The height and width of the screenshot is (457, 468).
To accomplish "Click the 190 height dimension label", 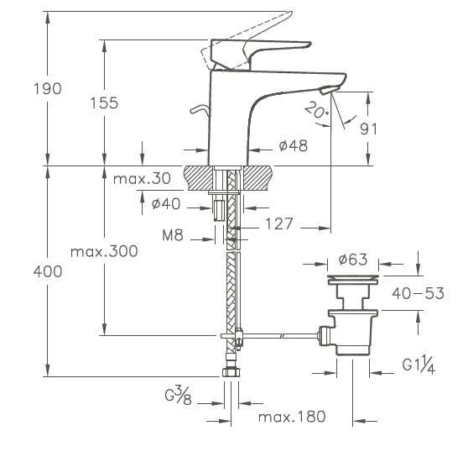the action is click(48, 89).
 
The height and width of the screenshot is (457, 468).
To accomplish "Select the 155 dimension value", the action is click(105, 102).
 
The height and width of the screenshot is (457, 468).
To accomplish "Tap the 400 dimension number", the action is click(48, 272).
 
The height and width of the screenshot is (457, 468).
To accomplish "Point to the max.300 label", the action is click(104, 251).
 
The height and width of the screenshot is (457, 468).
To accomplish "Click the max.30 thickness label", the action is click(142, 179).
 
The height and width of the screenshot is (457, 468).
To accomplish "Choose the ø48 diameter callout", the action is click(293, 146).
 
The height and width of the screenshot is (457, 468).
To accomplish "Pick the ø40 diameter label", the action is click(166, 204).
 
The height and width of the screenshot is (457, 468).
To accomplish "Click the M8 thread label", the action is click(173, 235).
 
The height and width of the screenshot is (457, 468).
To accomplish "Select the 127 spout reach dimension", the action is click(279, 223).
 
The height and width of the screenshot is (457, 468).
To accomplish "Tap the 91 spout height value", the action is click(368, 129).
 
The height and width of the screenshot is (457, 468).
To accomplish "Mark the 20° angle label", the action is click(317, 110).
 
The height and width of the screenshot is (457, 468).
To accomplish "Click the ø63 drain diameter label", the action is click(353, 260).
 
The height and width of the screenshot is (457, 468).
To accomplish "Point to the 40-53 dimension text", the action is click(419, 293).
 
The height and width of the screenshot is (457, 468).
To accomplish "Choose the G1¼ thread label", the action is click(419, 365).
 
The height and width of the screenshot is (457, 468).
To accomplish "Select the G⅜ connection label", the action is click(179, 395).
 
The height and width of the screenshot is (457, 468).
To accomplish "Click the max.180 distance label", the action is click(292, 417).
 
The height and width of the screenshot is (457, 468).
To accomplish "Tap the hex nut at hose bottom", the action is click(231, 372).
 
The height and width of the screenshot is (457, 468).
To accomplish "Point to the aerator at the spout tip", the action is click(330, 89).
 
